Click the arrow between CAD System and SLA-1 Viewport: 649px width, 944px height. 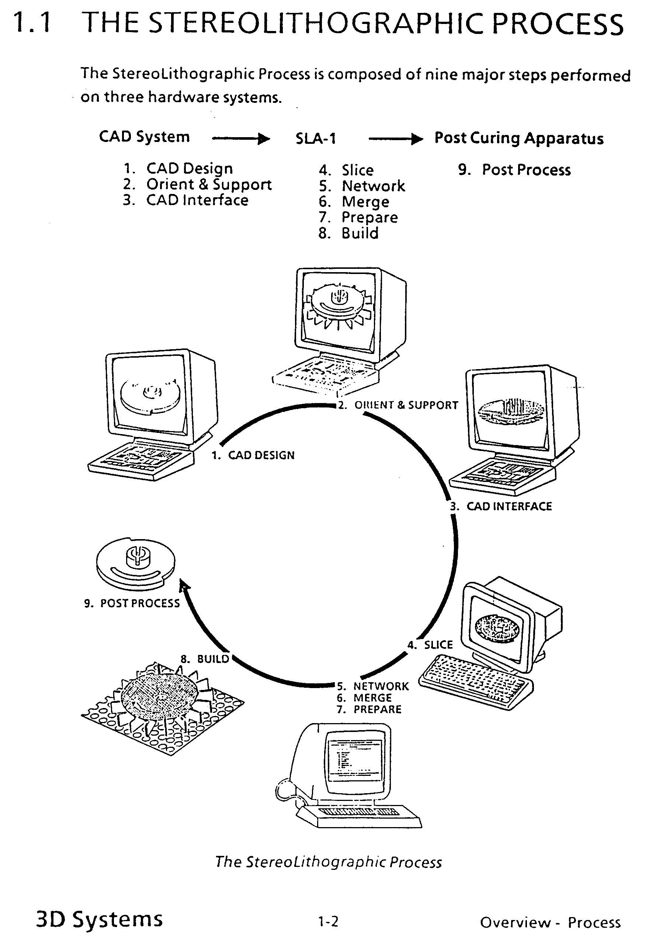coord(241,139)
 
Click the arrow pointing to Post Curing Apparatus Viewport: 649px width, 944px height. coord(396,139)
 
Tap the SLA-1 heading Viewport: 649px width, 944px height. coord(316,139)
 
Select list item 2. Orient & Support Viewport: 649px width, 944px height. coord(197,185)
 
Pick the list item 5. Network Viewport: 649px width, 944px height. coord(362,186)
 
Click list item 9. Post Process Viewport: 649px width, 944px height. coord(514,170)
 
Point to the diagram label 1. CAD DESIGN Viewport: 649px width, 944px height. coord(253,455)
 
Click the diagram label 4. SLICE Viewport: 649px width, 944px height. coord(430,645)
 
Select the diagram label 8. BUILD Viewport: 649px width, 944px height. coord(205,659)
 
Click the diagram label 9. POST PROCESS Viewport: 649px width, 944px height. coord(132,603)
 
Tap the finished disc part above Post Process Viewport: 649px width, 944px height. coord(136,564)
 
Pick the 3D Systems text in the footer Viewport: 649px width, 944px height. coord(100,920)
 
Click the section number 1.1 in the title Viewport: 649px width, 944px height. coord(32,23)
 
